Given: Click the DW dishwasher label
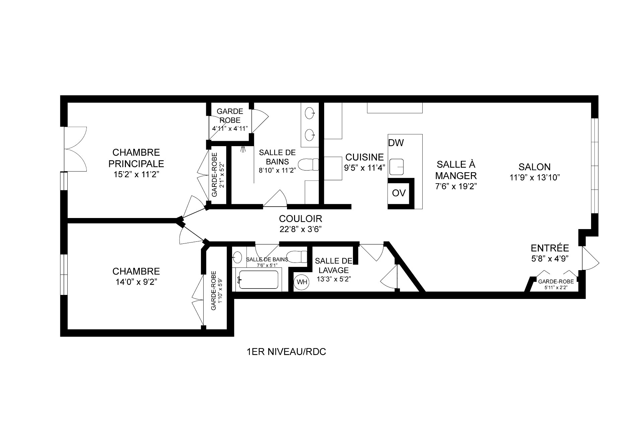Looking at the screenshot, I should click(396, 143).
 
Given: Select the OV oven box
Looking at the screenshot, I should click(399, 193).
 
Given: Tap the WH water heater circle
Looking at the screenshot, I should click(302, 282).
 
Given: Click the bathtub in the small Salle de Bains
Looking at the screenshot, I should click(258, 280).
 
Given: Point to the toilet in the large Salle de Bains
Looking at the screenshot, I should click(308, 165).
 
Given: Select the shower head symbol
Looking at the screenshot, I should click(243, 149).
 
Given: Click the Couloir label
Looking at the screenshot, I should click(300, 219).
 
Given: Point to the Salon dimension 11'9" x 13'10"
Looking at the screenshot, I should click(535, 178).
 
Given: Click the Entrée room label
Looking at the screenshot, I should click(550, 248).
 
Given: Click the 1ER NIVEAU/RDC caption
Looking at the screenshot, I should click(286, 352).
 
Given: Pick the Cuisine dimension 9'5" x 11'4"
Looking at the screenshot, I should click(365, 168).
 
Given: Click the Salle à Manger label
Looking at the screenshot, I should click(456, 170).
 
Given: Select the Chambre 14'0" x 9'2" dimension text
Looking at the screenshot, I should click(136, 282).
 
